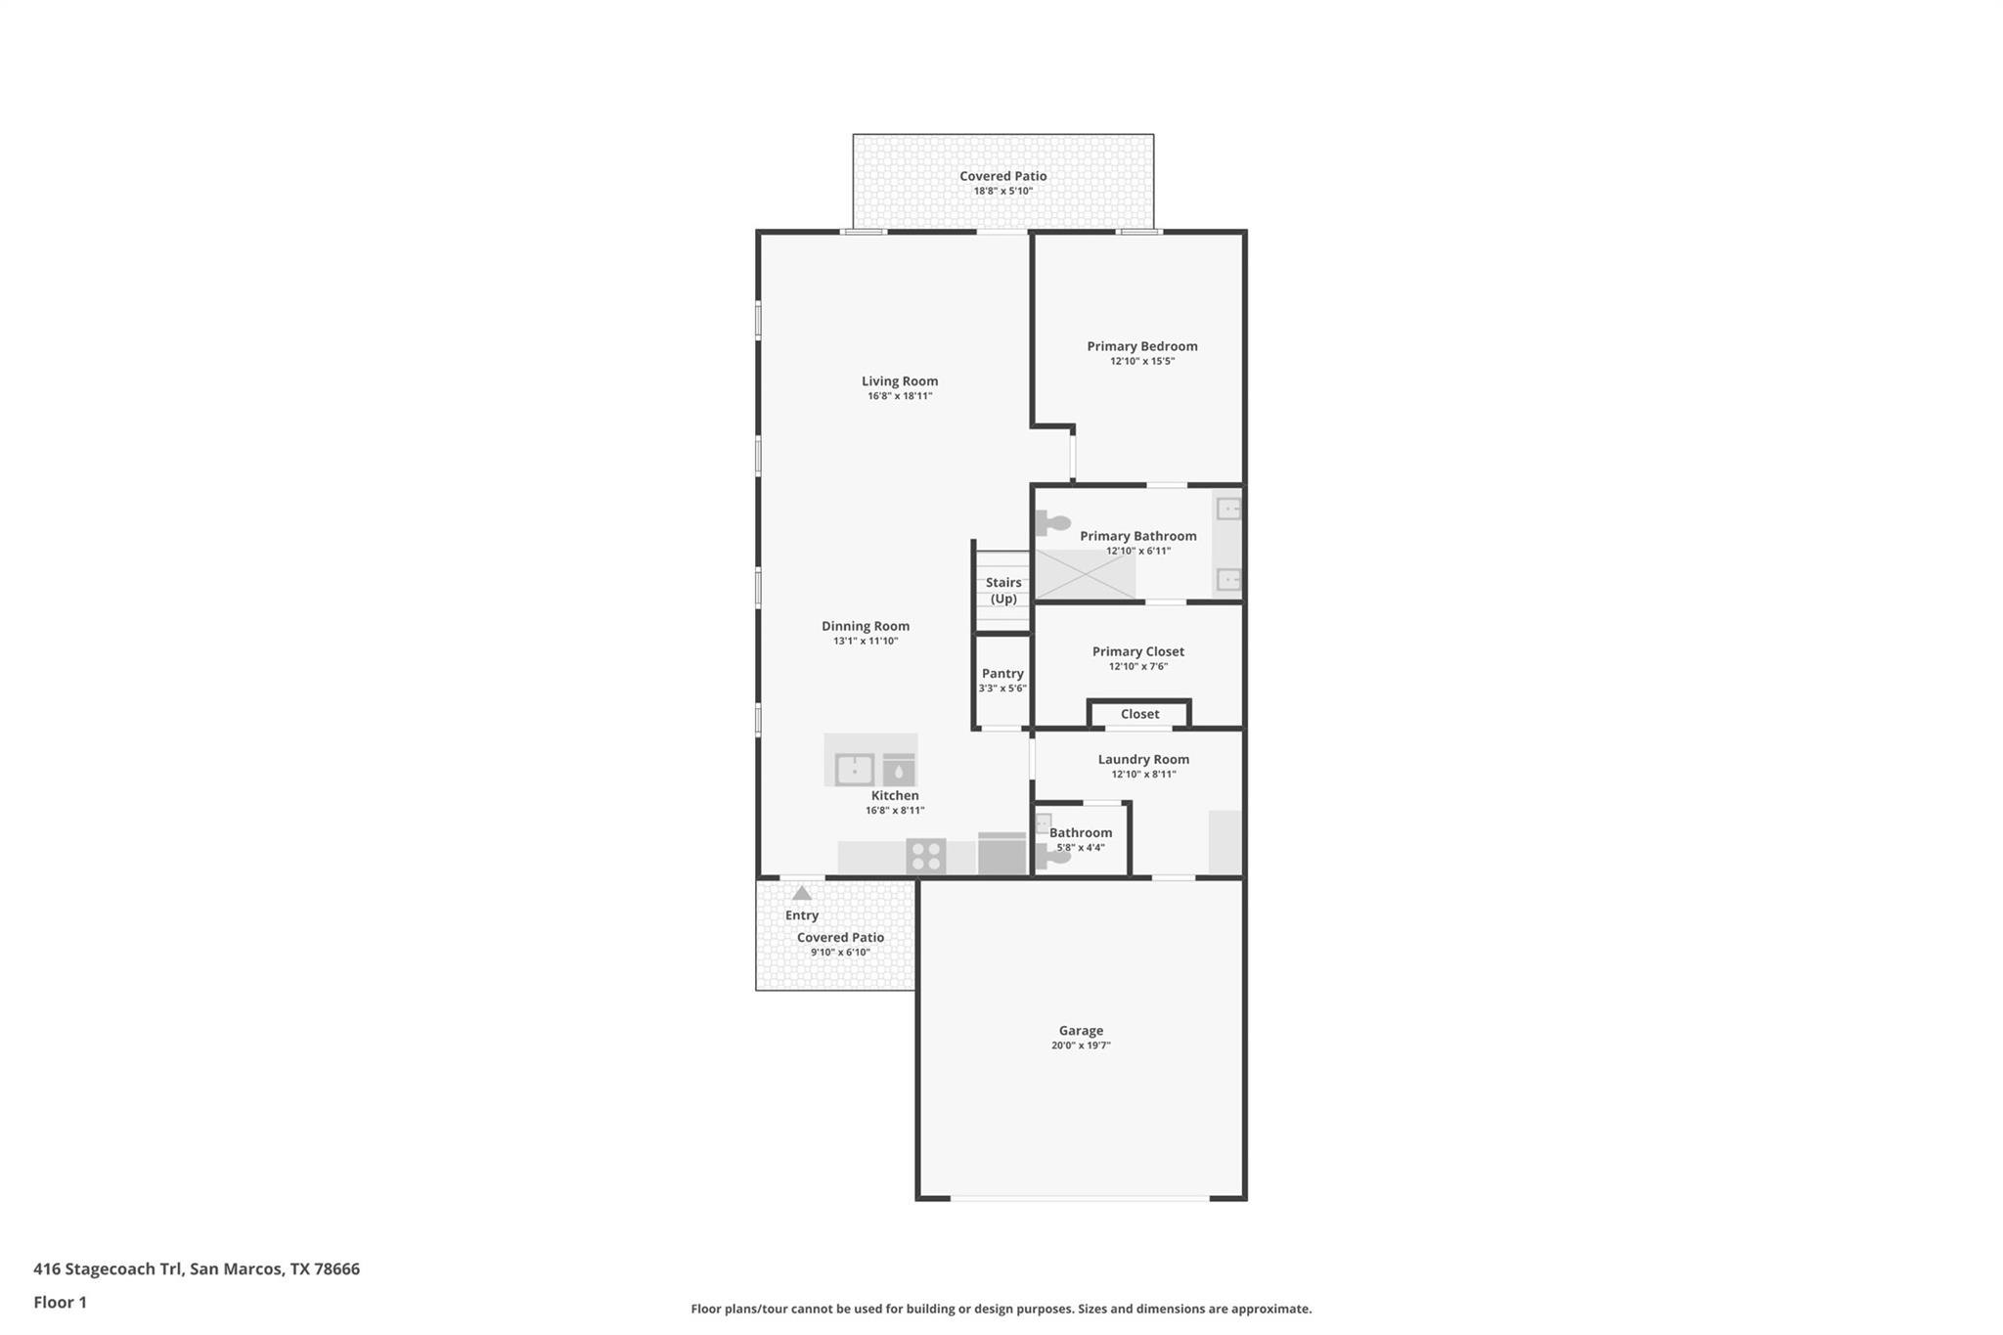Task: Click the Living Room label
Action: (x=899, y=381)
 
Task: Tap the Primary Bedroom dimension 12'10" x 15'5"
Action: (x=1141, y=361)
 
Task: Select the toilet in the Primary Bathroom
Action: (x=1052, y=523)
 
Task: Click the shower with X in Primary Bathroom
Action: (x=1085, y=574)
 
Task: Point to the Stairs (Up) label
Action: (x=1003, y=591)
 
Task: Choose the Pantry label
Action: (x=1002, y=673)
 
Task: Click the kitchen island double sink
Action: (x=854, y=769)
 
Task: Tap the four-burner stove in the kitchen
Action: (x=925, y=856)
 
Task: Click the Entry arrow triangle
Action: (x=802, y=893)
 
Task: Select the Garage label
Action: (x=1081, y=1030)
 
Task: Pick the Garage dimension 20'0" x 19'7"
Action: (x=1081, y=1046)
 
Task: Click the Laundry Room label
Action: (x=1143, y=759)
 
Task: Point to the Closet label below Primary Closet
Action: (x=1139, y=714)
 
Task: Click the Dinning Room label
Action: (x=866, y=626)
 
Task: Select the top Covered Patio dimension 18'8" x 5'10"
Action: (x=1002, y=191)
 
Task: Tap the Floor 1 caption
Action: (x=60, y=1302)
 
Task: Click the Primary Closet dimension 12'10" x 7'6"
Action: (x=1137, y=667)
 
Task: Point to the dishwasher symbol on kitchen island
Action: (x=899, y=770)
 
